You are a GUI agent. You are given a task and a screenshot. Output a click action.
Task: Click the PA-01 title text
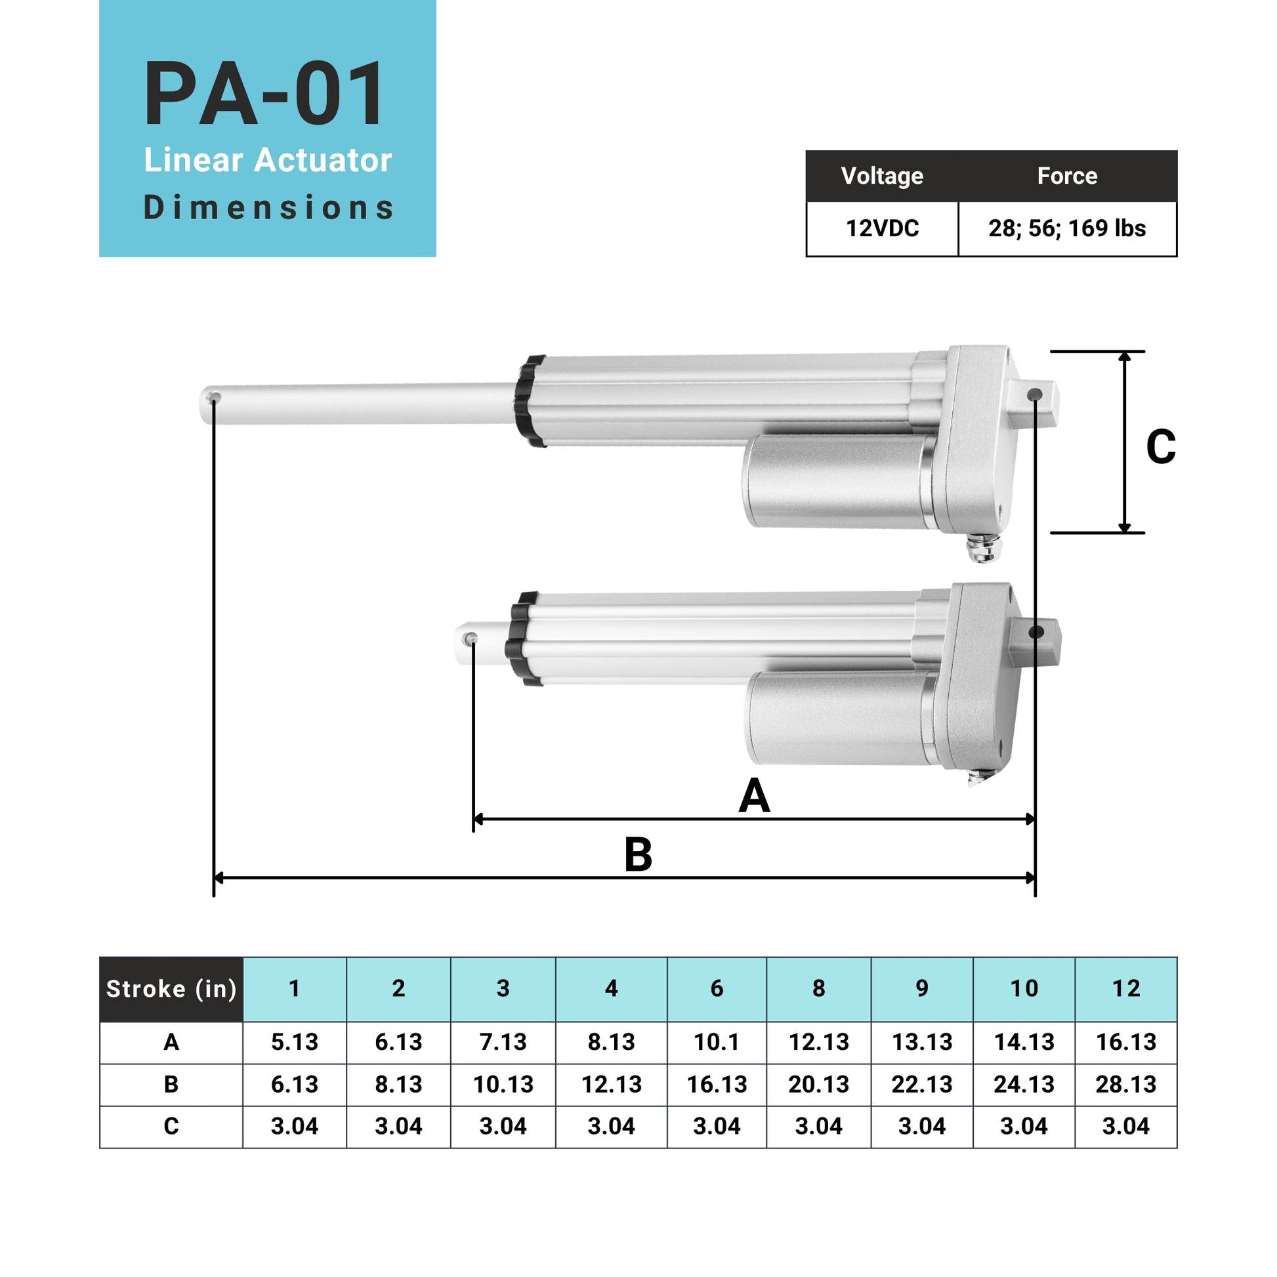pyautogui.click(x=264, y=94)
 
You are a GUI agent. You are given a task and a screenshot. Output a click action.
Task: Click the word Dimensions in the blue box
pyautogui.click(x=268, y=207)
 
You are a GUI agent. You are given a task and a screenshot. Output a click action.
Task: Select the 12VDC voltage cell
pyautogui.click(x=883, y=228)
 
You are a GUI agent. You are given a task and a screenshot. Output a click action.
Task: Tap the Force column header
pyautogui.click(x=1067, y=176)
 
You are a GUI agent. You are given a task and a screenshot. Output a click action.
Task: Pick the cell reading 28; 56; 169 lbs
pyautogui.click(x=1067, y=228)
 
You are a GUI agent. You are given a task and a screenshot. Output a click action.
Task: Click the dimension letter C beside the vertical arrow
pyautogui.click(x=1161, y=447)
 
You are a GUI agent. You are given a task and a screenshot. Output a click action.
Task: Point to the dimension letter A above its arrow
pyautogui.click(x=754, y=796)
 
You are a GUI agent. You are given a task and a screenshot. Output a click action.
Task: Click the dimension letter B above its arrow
pyautogui.click(x=638, y=854)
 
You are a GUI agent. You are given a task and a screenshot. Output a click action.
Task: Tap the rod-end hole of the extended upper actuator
pyautogui.click(x=213, y=398)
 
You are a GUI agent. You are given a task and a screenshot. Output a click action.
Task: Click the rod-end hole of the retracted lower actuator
pyautogui.click(x=471, y=638)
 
